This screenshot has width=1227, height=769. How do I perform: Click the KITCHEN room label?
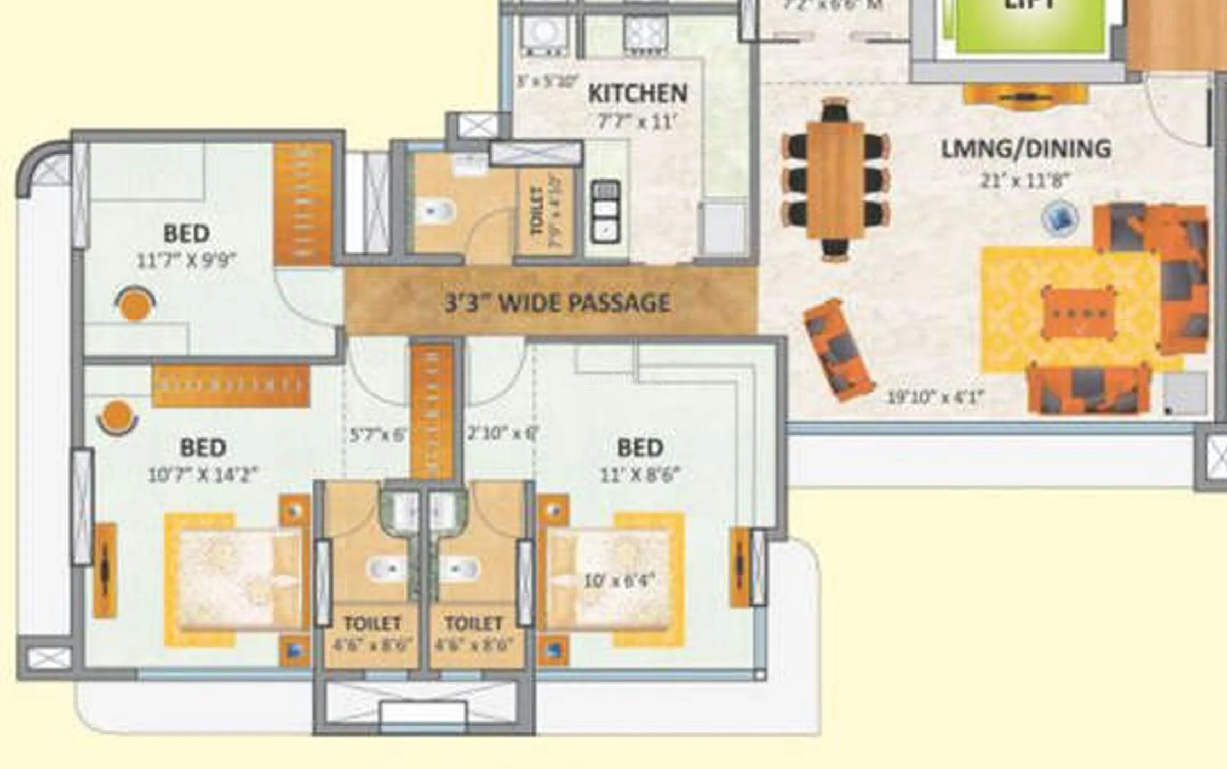[x=638, y=93]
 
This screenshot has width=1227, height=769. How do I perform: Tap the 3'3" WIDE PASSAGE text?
[x=557, y=303]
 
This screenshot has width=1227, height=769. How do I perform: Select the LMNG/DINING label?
[x=1025, y=149]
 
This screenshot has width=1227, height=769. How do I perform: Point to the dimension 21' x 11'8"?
[x=1024, y=180]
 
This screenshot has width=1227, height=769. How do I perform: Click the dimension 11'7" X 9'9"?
[x=186, y=261]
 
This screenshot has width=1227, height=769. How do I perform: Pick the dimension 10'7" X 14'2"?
[x=203, y=474]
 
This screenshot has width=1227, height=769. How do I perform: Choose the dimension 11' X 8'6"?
[x=640, y=474]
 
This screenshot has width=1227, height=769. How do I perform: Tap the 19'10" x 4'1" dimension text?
[x=936, y=397]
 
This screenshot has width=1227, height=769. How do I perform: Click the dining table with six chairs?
[x=835, y=180]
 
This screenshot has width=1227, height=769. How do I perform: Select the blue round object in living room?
[x=1060, y=218]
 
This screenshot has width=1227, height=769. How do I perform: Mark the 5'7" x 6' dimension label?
[x=378, y=435]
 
